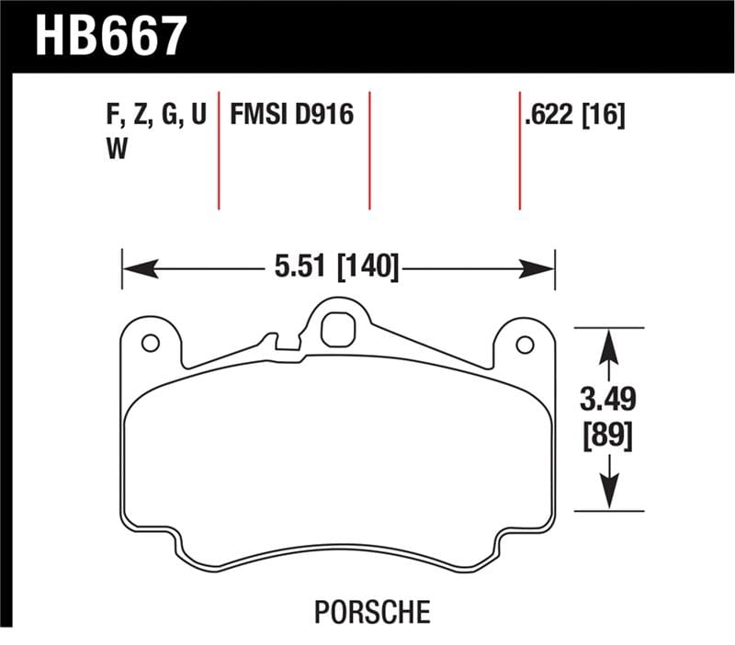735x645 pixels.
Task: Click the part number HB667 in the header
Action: [x=110, y=37]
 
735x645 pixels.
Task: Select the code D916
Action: [x=323, y=117]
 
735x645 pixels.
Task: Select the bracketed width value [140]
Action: [x=367, y=268]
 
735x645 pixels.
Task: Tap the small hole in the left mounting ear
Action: [x=151, y=344]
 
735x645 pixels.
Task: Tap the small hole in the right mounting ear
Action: [x=525, y=345]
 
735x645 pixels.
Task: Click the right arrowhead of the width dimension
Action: [x=543, y=269]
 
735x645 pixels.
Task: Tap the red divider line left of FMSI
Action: [x=219, y=152]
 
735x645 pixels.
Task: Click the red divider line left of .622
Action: [x=520, y=152]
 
